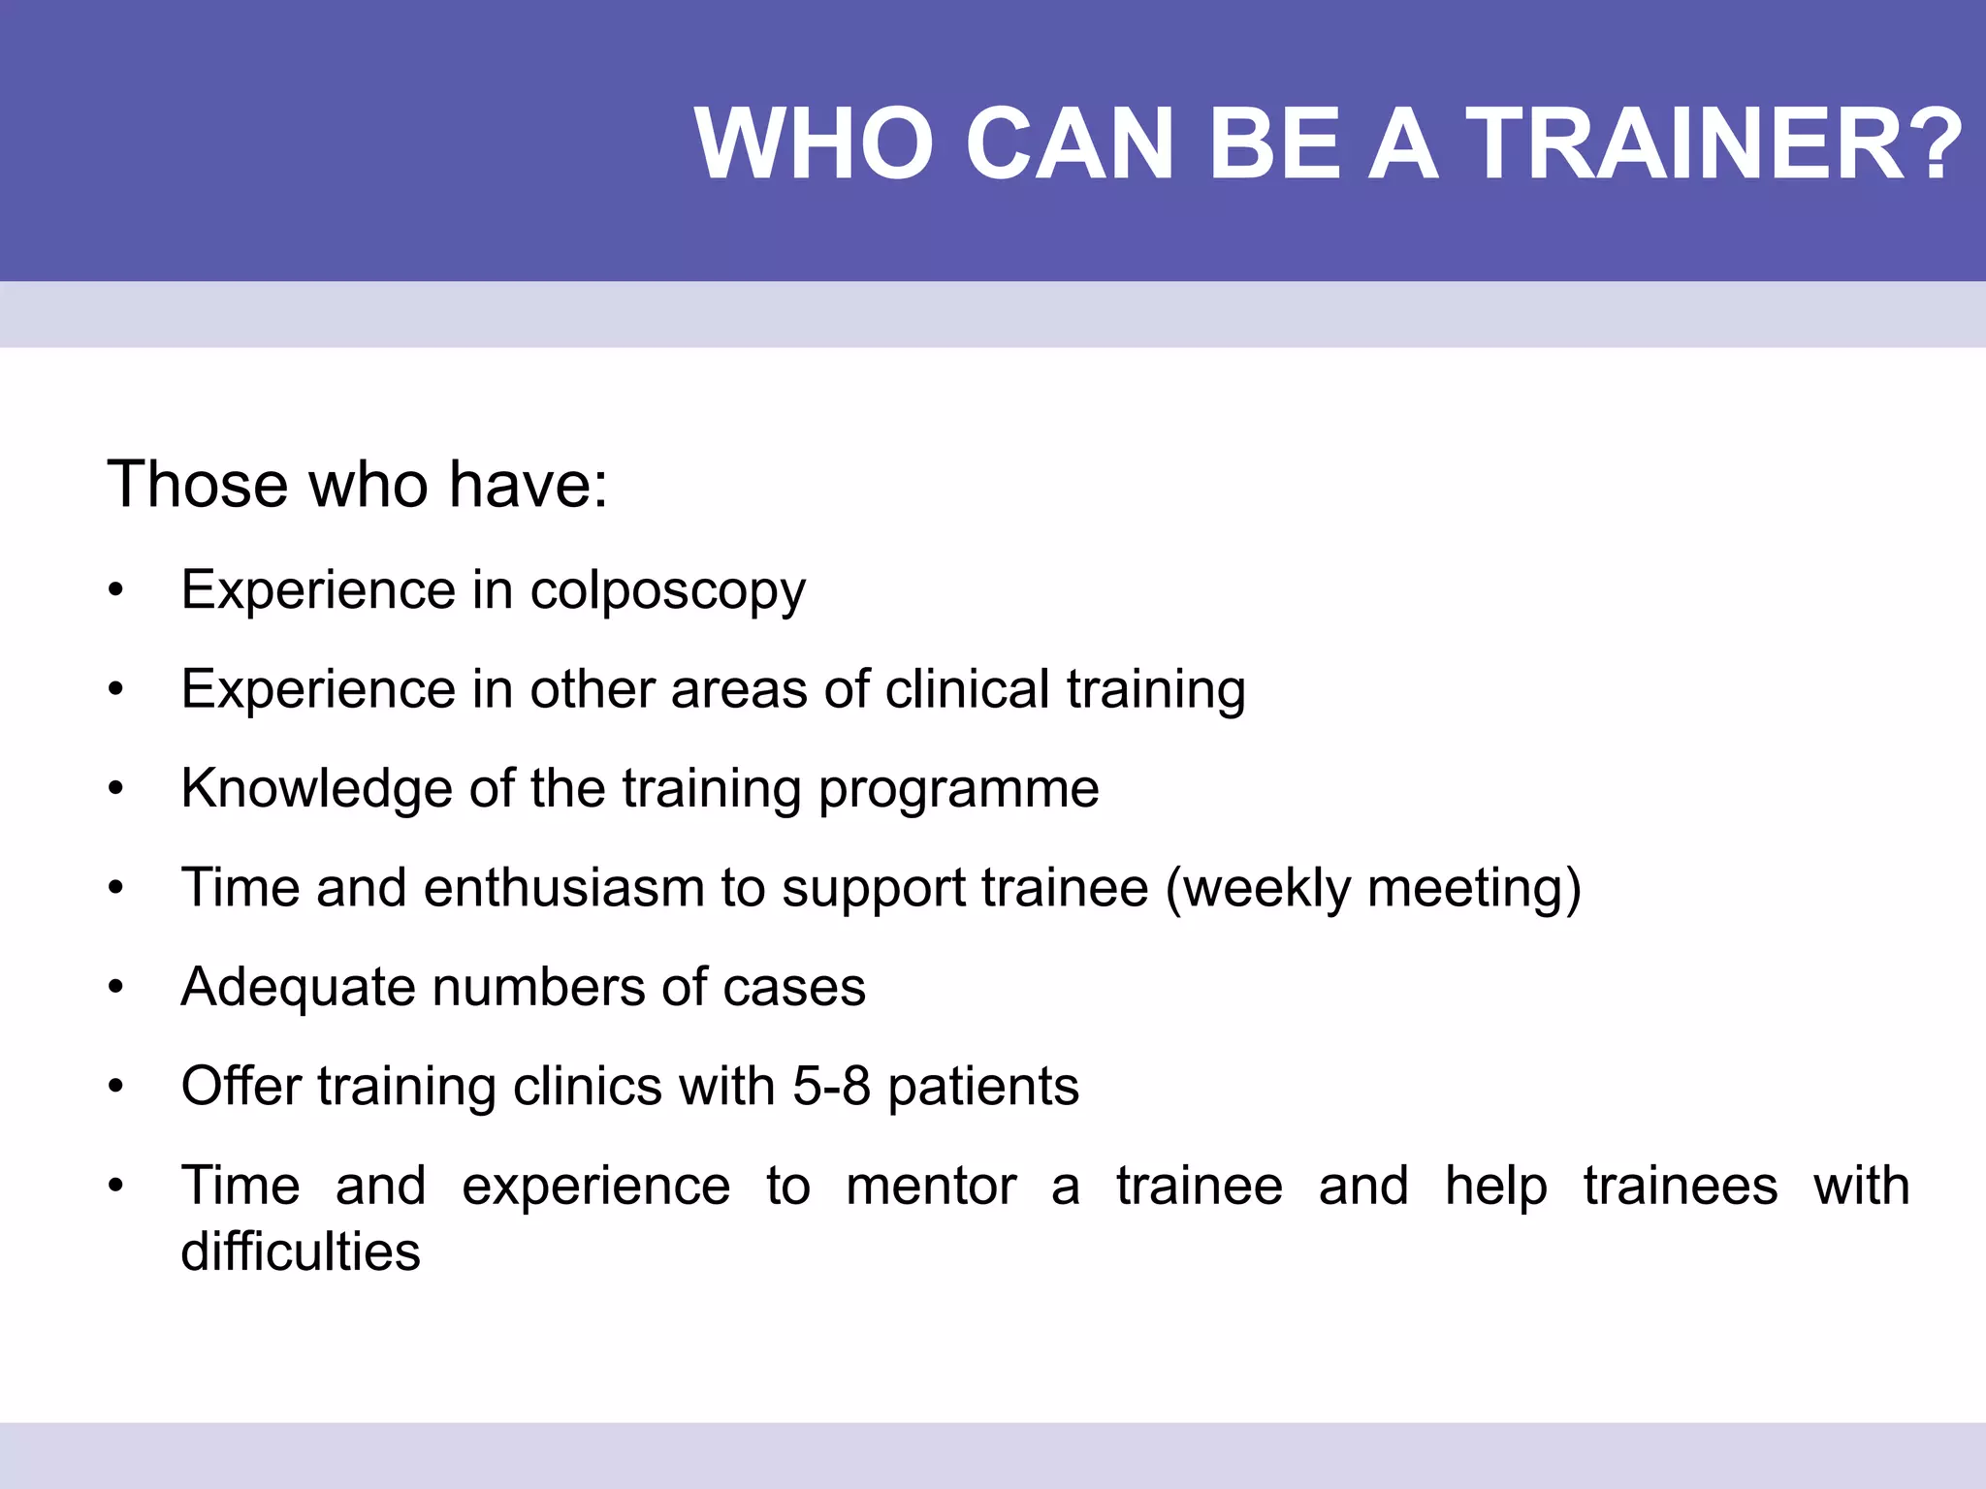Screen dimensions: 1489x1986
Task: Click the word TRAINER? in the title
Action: click(1714, 143)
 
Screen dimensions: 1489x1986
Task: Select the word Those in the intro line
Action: click(198, 484)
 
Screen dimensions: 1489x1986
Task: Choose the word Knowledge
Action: click(316, 789)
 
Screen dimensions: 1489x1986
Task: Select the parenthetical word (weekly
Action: click(1257, 889)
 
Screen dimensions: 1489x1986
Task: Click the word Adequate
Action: click(298, 988)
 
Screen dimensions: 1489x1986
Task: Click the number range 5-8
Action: click(831, 1086)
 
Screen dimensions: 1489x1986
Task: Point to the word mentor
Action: click(931, 1186)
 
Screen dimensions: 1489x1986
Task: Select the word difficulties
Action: click(301, 1251)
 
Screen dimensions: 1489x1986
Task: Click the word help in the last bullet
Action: click(1495, 1187)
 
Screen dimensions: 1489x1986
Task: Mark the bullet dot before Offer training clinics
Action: click(116, 1086)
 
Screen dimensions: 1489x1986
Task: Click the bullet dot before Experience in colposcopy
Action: click(116, 590)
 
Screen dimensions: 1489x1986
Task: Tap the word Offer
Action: click(240, 1086)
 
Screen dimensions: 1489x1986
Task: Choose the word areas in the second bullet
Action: click(738, 689)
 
